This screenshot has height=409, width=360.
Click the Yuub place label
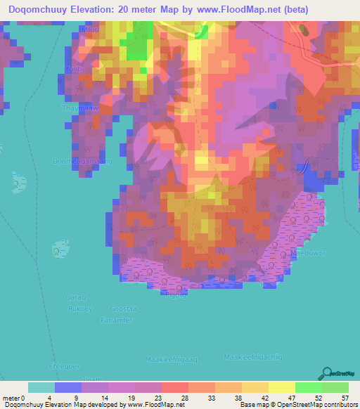(x=74, y=70)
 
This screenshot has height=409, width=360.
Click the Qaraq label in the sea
(x=75, y=297)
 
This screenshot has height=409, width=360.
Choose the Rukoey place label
(x=80, y=309)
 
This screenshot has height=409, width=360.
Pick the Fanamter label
(x=116, y=320)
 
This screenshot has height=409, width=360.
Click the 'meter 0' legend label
(x=15, y=398)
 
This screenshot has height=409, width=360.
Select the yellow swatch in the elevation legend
(x=282, y=387)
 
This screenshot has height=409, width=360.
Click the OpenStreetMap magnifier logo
(x=326, y=372)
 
